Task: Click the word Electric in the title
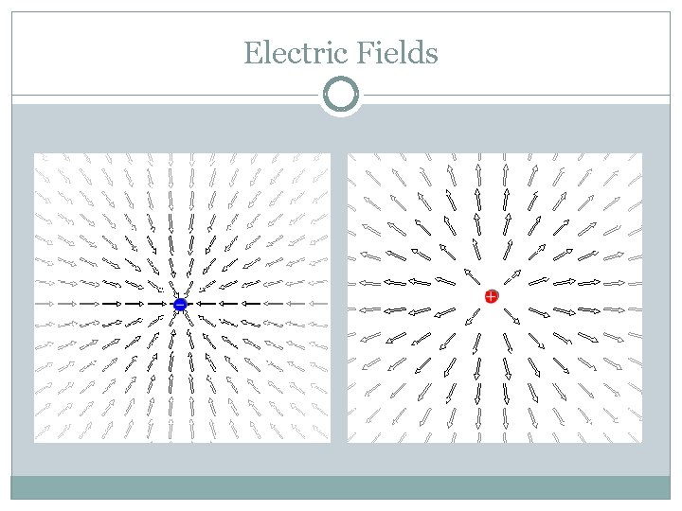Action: pyautogui.click(x=296, y=53)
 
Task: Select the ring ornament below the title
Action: pyautogui.click(x=341, y=96)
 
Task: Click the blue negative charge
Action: pyautogui.click(x=180, y=304)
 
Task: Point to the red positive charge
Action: pyautogui.click(x=491, y=296)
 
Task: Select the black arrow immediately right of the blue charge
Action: pyautogui.click(x=202, y=304)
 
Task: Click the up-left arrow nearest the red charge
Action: pyautogui.click(x=470, y=275)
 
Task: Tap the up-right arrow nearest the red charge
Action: pyautogui.click(x=511, y=275)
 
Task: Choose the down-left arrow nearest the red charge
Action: pyautogui.click(x=471, y=318)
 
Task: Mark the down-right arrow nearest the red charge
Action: pyautogui.click(x=511, y=318)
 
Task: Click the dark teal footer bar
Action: pyautogui.click(x=341, y=486)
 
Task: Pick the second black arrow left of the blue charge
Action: pyautogui.click(x=135, y=304)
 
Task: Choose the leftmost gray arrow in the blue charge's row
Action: pyautogui.click(x=43, y=304)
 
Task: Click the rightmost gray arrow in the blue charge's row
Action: pyautogui.click(x=318, y=304)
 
